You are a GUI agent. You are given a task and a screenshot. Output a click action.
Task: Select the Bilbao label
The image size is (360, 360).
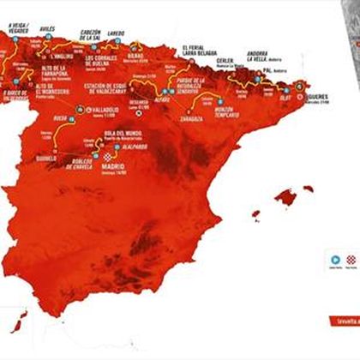(x=138, y=55)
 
